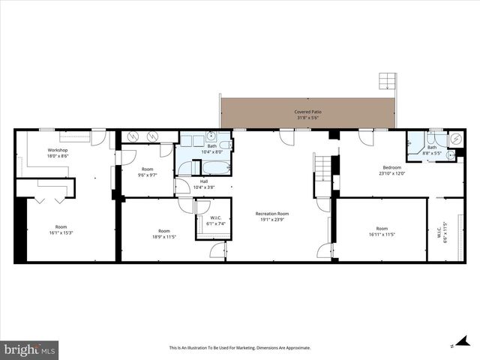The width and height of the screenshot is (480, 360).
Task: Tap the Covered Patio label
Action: (307, 112)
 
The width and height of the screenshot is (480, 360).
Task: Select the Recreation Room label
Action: (271, 214)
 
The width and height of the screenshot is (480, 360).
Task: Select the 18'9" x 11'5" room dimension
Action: (163, 237)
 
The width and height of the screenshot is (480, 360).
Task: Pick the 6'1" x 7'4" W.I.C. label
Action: (217, 223)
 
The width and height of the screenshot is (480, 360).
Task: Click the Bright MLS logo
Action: (30, 349)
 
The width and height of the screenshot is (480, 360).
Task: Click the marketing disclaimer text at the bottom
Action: (239, 348)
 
